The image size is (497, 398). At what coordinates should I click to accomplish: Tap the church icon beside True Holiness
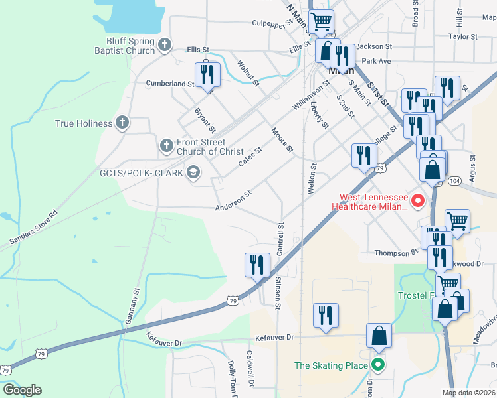click(121, 123)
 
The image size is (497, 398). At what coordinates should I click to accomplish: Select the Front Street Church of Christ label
click(201, 147)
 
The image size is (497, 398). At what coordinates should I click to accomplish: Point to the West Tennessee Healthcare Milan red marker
click(418, 201)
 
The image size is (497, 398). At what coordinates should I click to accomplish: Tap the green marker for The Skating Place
click(378, 364)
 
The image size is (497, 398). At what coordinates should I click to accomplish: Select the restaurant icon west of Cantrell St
click(256, 265)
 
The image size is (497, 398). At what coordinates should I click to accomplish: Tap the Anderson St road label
click(233, 202)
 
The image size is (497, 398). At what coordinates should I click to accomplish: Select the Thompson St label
click(395, 252)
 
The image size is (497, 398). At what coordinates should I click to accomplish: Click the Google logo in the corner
click(21, 390)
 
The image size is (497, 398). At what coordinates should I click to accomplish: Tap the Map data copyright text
click(468, 393)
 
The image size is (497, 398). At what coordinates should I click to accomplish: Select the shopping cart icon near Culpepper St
click(322, 21)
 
